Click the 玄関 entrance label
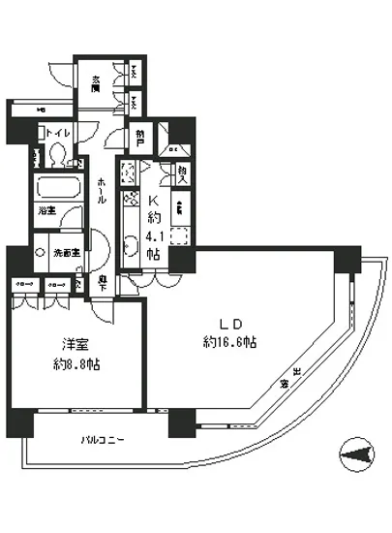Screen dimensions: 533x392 (x=98, y=83)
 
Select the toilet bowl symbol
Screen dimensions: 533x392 (x=57, y=154)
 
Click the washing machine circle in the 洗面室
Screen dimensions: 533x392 (x=40, y=252)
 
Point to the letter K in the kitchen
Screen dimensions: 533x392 (x=153, y=199)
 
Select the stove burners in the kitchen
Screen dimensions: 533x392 (x=130, y=203)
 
